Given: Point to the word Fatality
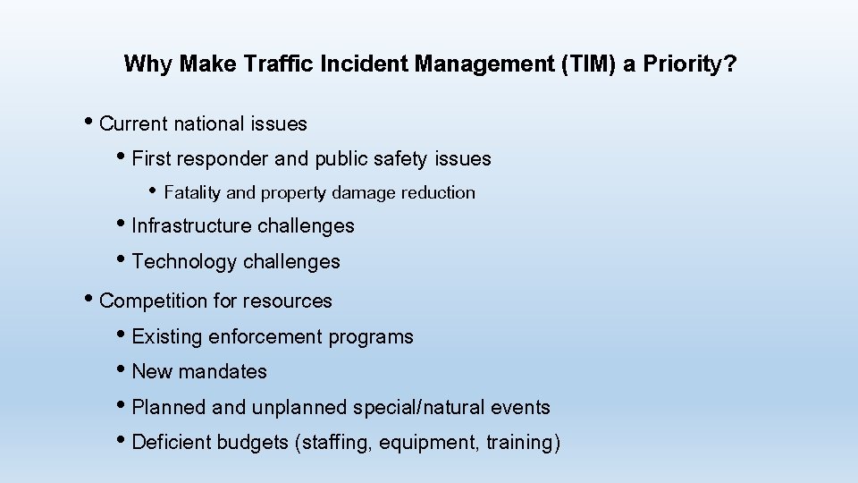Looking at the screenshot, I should pos(193,192).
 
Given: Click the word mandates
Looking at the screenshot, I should pos(224,372).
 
